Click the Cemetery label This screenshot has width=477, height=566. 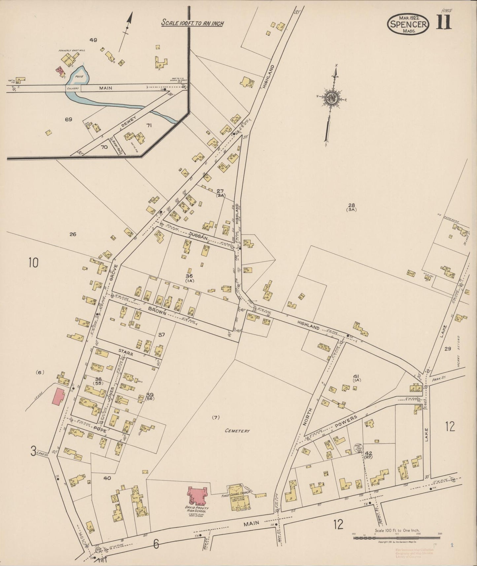point(237,431)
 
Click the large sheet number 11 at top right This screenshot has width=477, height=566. point(443,22)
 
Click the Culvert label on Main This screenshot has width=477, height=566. point(72,88)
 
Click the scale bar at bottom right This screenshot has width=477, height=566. point(396,538)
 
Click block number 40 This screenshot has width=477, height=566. point(107,478)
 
